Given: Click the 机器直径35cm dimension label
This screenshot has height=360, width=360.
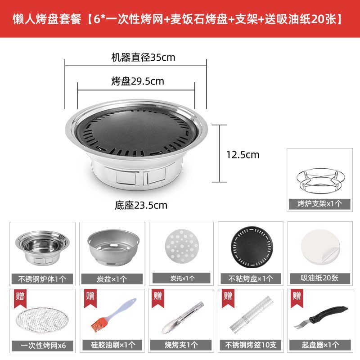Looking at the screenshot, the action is tap(143, 58).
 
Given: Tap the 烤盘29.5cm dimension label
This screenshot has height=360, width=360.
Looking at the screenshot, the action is tap(138, 81).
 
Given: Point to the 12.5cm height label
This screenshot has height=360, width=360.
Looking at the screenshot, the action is tap(243, 155).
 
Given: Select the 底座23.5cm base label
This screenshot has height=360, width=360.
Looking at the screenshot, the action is tap(141, 205).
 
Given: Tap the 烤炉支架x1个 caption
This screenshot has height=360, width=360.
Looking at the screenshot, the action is tap(319, 204).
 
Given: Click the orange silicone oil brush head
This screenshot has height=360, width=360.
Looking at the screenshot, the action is tap(99, 324).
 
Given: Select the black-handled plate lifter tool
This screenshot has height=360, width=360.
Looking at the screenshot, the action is tap(320, 317).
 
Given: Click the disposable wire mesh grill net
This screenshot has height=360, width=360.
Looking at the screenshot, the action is tap(42, 320).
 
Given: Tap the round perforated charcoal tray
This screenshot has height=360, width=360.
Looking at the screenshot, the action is tap(182, 246).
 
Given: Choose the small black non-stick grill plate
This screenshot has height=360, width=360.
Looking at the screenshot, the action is tap(252, 247).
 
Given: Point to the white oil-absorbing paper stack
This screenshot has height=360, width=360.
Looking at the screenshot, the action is tap(320, 247).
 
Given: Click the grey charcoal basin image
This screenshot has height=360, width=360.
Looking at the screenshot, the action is tap(113, 247).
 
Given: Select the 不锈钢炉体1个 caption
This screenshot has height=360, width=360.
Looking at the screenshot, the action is tap(42, 279).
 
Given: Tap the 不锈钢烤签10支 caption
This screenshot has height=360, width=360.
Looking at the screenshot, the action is tap(251, 345).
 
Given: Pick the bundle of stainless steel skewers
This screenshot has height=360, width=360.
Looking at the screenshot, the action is tap(252, 314).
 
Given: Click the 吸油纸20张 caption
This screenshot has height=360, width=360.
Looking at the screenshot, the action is tap(319, 278).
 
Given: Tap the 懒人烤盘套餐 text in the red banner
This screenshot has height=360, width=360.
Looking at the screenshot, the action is tap(47, 19).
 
